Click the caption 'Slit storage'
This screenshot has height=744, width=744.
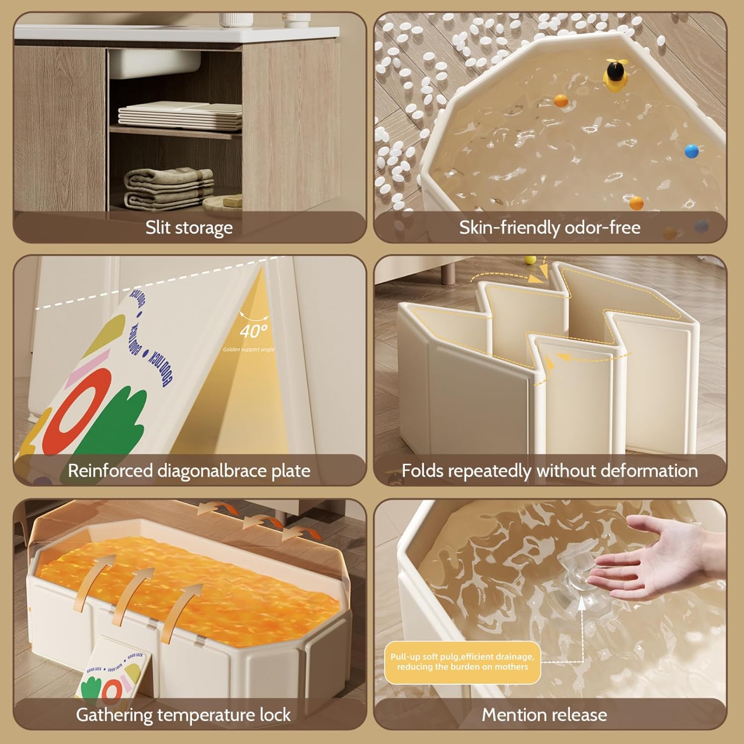point(189,228)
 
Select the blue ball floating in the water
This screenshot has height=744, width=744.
point(691,151)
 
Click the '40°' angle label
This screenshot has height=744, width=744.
point(253,331)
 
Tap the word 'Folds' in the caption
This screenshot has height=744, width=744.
point(422,471)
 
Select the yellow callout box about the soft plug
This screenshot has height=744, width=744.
point(462,662)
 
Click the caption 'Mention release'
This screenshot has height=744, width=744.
point(544,715)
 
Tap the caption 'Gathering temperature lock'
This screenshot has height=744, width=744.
point(183,715)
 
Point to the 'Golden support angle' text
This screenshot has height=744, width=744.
point(248,350)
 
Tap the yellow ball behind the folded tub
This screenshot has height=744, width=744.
point(530,260)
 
